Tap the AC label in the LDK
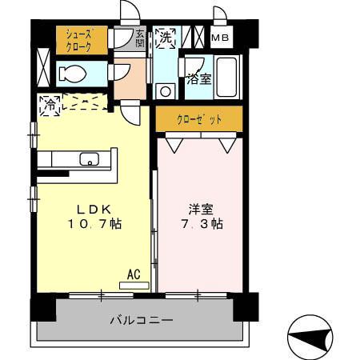[x=134, y=274]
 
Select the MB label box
[x=219, y=38]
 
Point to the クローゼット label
[x=198, y=120]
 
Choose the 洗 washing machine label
[x=165, y=36]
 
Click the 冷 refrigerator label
[x=49, y=104]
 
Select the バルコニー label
[x=141, y=320]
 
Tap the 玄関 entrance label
[x=141, y=37]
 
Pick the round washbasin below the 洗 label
[x=166, y=90]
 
